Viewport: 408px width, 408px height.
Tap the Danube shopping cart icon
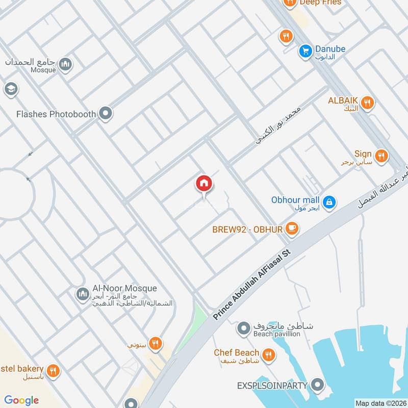pos(305,52)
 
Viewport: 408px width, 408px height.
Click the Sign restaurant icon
pos(380,155)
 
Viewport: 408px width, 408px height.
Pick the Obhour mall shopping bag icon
pos(329,202)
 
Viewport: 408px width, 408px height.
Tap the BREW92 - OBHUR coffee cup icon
pos(292,229)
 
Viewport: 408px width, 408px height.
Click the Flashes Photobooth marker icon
pos(106,113)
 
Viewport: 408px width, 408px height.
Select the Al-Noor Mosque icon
pos(82,294)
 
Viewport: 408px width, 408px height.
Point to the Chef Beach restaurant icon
pos(268,354)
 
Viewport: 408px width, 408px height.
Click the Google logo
pos(21,400)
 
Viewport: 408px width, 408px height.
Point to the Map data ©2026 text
pos(379,403)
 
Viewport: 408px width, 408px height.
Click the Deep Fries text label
pos(320,3)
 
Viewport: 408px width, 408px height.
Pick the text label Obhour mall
pos(295,200)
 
